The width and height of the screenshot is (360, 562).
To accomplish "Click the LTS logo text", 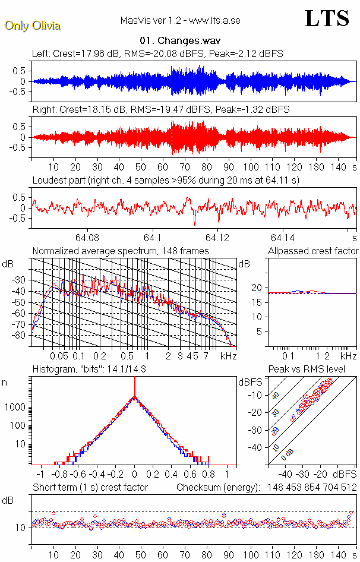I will pyautogui.click(x=327, y=18).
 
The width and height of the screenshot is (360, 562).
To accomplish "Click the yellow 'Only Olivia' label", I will pyautogui.click(x=32, y=26).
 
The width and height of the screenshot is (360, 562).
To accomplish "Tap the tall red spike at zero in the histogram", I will pyautogui.click(x=135, y=389).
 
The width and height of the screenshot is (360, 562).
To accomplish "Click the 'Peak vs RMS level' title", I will pyautogui.click(x=315, y=370).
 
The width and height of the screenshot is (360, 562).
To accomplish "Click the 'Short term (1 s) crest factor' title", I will pyautogui.click(x=90, y=488).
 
